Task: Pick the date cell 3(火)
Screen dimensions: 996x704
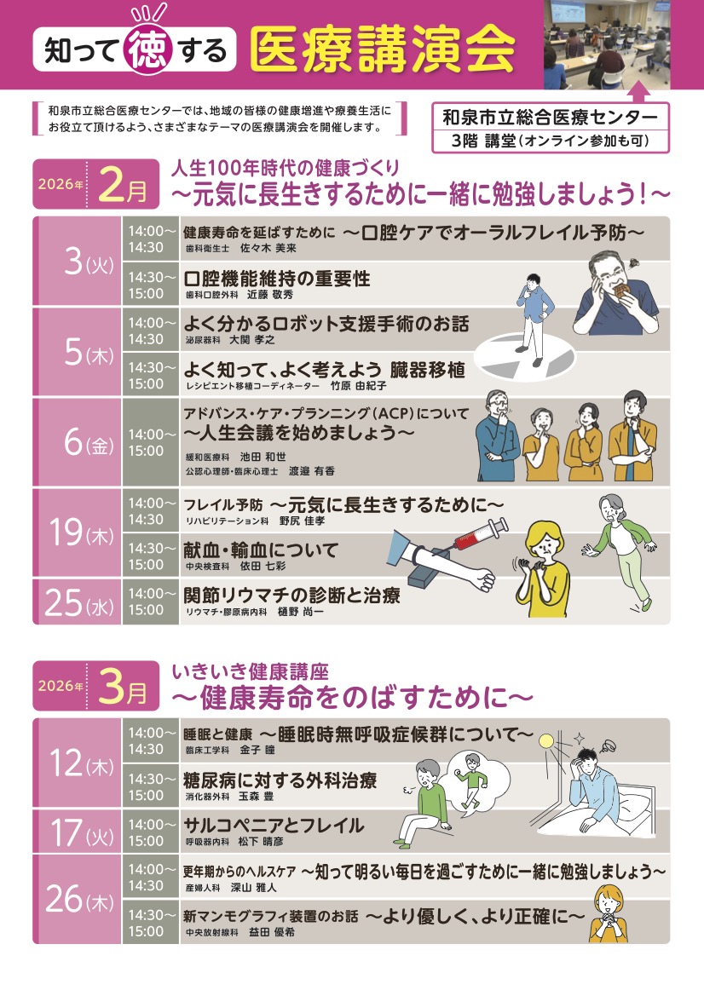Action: [x=78, y=262]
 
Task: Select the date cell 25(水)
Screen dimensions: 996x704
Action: [x=78, y=602]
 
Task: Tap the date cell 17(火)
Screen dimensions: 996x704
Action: [x=78, y=832]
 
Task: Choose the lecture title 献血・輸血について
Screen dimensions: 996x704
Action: [x=261, y=550]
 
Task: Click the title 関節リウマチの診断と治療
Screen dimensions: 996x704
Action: [x=291, y=596]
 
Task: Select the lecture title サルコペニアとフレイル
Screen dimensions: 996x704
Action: [x=274, y=825]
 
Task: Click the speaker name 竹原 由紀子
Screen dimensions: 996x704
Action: [x=358, y=385]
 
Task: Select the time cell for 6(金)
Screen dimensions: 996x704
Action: [x=151, y=440]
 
